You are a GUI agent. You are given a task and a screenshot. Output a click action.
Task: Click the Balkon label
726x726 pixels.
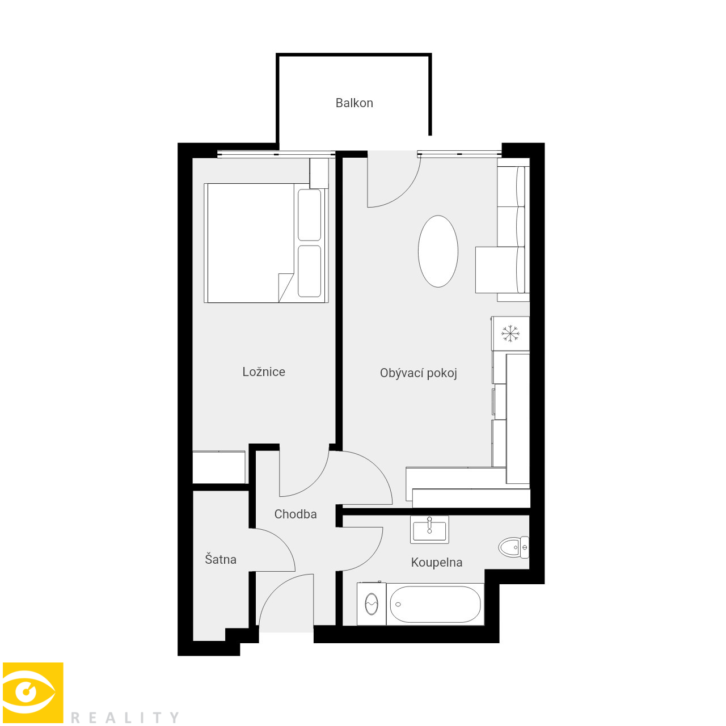click(354, 103)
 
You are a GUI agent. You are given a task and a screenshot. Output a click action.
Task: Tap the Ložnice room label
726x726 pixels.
click(264, 372)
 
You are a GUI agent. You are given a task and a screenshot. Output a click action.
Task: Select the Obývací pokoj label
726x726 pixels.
click(418, 373)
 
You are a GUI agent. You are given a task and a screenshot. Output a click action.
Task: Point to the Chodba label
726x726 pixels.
click(296, 514)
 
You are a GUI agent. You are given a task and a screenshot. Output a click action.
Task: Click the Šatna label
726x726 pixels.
click(221, 559)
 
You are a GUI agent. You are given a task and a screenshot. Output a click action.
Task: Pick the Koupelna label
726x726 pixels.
click(437, 562)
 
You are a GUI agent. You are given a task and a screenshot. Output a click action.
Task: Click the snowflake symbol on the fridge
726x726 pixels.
click(510, 334)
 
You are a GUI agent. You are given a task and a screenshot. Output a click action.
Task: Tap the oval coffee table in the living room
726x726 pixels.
click(438, 251)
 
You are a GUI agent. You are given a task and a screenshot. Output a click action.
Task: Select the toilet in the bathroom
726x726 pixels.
click(514, 547)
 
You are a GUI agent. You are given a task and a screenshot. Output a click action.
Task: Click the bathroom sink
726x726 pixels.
click(429, 529)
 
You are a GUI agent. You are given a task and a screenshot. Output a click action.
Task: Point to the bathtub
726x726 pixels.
click(435, 604)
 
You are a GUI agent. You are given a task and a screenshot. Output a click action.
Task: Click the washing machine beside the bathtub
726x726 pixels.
click(372, 603)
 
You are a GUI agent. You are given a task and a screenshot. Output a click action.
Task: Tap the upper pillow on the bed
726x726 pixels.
click(309, 215)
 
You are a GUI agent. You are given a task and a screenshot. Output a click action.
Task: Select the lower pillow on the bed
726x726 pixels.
click(309, 271)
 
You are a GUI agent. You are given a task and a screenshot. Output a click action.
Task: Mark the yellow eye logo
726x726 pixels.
click(33, 693)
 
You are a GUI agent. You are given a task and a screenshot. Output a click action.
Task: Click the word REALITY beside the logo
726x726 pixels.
click(125, 717)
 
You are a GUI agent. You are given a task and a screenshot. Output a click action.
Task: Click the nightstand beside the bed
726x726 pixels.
click(319, 173)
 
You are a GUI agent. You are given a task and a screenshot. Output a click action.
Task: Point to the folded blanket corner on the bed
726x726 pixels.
click(285, 288)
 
